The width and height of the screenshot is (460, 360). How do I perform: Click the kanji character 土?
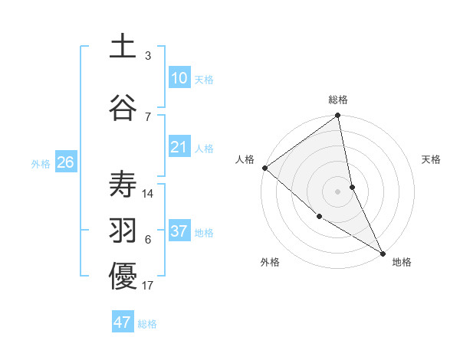tap(123, 47)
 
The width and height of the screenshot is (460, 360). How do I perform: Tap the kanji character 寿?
tap(123, 184)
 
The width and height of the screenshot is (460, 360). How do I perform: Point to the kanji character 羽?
tap(123, 231)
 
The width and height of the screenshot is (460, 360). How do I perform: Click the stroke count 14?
tap(149, 194)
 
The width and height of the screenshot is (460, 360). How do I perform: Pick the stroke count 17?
tap(149, 286)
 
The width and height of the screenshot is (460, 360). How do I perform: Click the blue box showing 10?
tap(179, 78)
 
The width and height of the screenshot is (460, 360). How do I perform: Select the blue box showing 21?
tap(179, 148)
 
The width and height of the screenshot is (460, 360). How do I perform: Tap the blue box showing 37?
tap(179, 231)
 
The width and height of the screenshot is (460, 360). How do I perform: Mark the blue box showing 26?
tap(65, 162)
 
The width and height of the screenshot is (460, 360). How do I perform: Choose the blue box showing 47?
tap(123, 322)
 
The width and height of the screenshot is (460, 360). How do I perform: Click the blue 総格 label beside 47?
tap(147, 324)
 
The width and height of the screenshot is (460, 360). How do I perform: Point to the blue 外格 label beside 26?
tap(41, 163)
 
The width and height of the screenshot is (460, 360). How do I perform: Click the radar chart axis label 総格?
tap(338, 100)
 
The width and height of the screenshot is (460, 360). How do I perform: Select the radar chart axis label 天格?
tap(432, 159)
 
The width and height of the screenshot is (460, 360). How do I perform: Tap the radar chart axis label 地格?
tap(402, 262)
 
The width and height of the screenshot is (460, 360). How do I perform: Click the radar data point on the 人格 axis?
tap(264, 168)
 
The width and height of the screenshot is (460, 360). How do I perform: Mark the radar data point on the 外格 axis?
tap(319, 216)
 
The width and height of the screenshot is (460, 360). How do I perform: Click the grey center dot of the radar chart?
tap(338, 191)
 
